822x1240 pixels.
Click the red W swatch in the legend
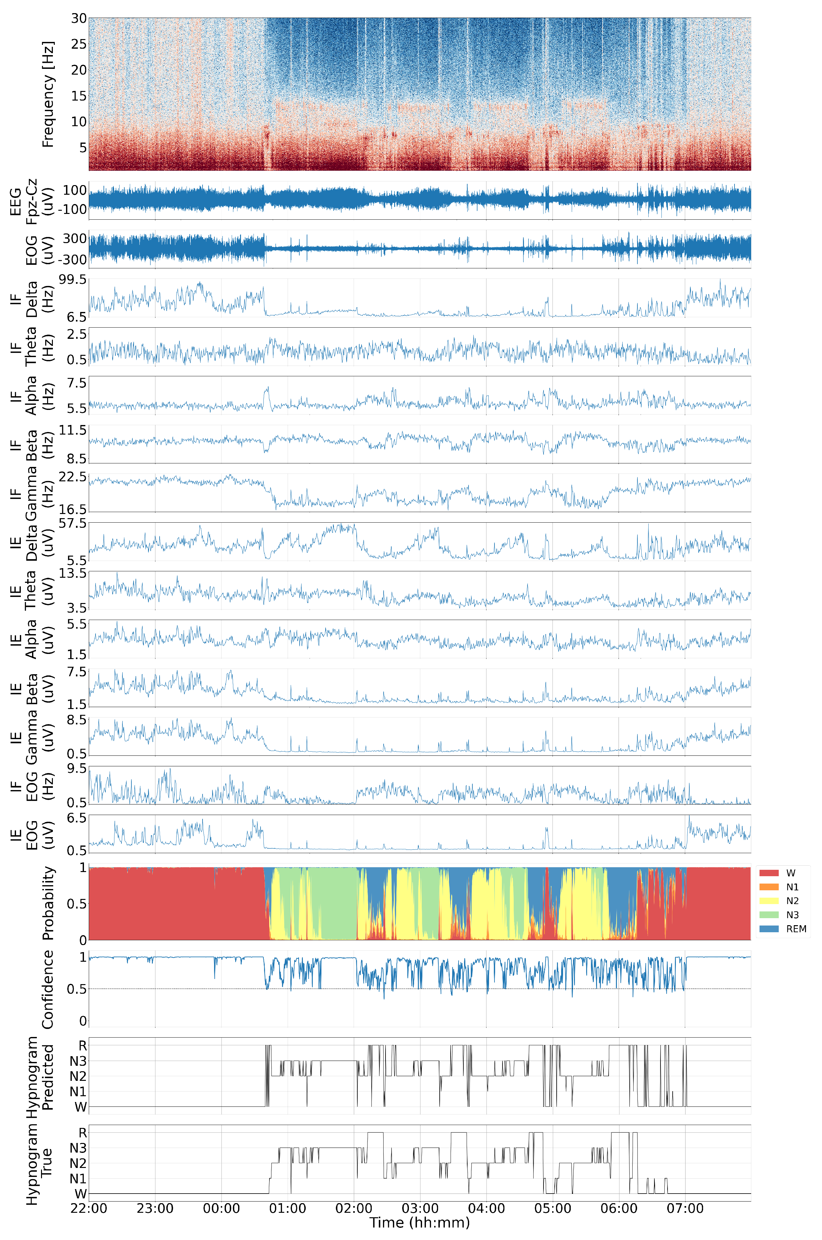click(x=768, y=873)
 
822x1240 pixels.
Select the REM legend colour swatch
click(x=768, y=929)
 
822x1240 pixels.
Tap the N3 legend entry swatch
click(x=768, y=915)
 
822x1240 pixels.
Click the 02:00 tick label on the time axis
click(x=354, y=1208)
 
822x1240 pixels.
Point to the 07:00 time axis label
click(x=685, y=1208)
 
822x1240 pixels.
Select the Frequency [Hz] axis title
click(x=48, y=94)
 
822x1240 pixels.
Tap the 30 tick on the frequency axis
click(x=79, y=19)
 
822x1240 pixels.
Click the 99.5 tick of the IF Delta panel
click(x=73, y=280)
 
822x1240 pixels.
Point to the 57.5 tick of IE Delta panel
click(x=73, y=523)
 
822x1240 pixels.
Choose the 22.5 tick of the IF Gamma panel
click(x=73, y=477)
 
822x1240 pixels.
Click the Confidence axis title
click(x=48, y=989)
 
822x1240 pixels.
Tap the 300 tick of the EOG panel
click(x=75, y=239)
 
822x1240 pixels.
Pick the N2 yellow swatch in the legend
click(x=768, y=901)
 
